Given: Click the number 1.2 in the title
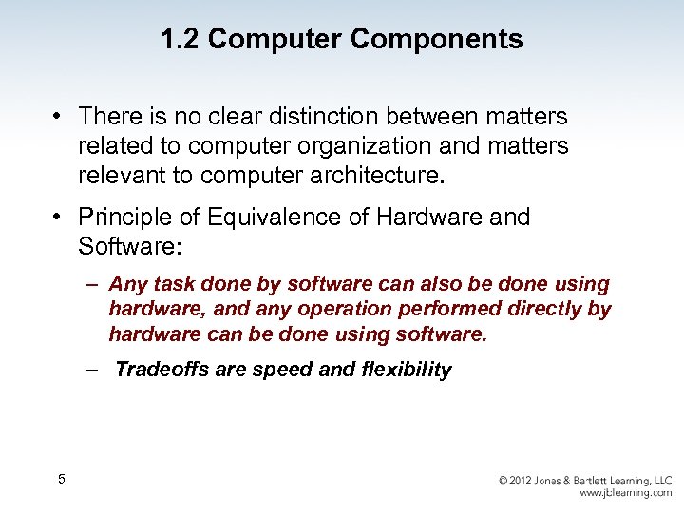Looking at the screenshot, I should (180, 40).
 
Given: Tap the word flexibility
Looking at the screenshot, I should (407, 370).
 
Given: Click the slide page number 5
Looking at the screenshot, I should (61, 479).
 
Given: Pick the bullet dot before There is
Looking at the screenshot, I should (59, 117).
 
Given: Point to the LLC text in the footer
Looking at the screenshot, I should (661, 481).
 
